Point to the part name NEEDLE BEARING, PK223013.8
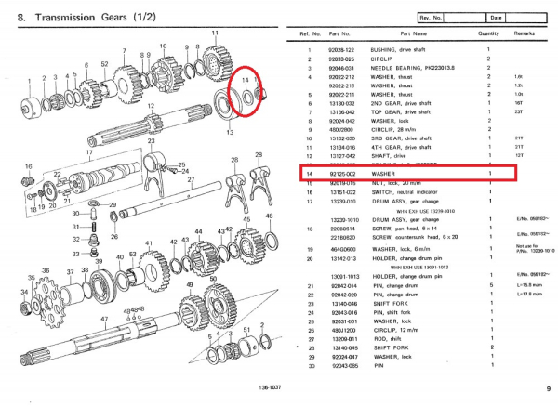coord(410,70)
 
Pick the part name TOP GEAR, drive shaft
coord(401,111)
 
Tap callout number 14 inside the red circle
coord(246,82)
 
